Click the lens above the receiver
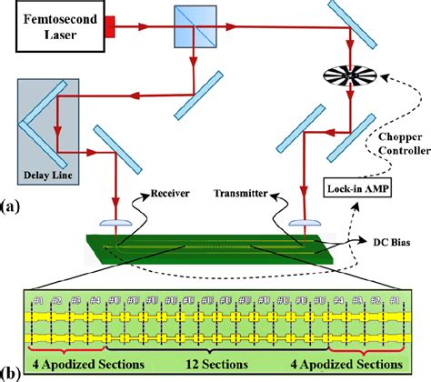tap(116, 221)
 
